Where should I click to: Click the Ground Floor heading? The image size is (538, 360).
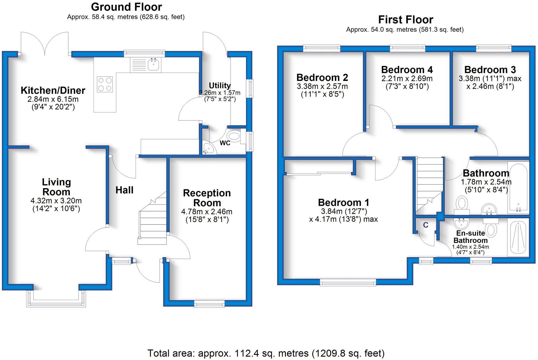[x=126, y=7]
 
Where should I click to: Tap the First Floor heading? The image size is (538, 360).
[x=405, y=20]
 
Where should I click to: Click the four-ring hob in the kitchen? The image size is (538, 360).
[x=105, y=84]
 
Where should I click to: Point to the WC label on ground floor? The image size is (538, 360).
[x=225, y=143]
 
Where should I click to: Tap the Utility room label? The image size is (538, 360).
[x=220, y=85]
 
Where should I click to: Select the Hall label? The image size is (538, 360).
[x=124, y=190]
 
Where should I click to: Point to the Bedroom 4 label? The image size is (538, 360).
[x=407, y=70]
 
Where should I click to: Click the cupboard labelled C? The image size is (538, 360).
[x=426, y=225]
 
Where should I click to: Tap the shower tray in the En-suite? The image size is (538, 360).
[x=518, y=237]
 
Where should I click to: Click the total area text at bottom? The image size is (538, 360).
[x=266, y=353]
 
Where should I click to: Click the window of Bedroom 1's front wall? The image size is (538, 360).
[x=348, y=283]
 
